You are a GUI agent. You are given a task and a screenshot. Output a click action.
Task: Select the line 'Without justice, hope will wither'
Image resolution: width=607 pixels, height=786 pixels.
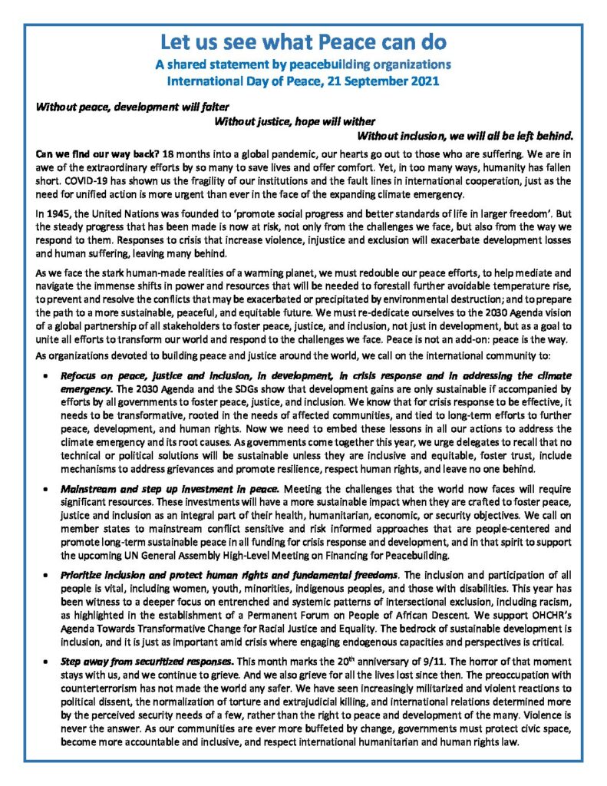click(295, 121)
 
